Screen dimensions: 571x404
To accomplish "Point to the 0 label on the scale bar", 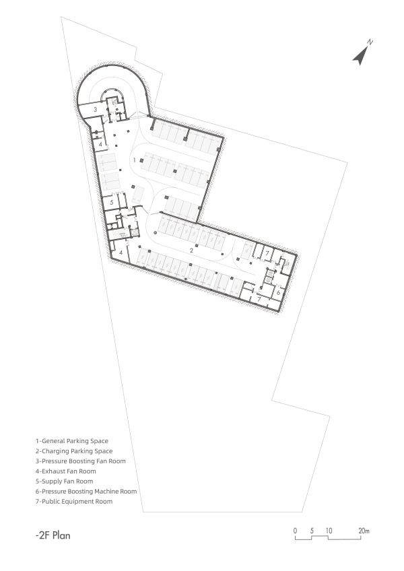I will pyautogui.click(x=295, y=531).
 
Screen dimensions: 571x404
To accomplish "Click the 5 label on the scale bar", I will pyautogui.click(x=312, y=531).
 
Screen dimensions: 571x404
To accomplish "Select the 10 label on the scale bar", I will pyautogui.click(x=329, y=531).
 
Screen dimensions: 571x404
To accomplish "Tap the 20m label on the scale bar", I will pyautogui.click(x=364, y=531).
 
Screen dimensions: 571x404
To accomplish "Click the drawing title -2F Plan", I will pyautogui.click(x=53, y=536).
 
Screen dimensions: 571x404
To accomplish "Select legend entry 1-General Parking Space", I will pyautogui.click(x=72, y=440).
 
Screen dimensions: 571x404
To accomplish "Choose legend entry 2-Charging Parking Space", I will pyautogui.click(x=74, y=450).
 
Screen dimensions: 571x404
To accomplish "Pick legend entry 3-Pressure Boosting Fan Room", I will pyautogui.click(x=81, y=461).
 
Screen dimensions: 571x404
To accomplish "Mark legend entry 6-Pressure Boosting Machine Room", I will pyautogui.click(x=86, y=492).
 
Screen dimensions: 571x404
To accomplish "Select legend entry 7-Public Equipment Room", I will pyautogui.click(x=74, y=502).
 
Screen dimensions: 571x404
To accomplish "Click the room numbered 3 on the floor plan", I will pyautogui.click(x=96, y=108).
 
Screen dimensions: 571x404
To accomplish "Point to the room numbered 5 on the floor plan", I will pyautogui.click(x=112, y=202).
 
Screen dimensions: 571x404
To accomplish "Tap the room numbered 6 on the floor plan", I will pyautogui.click(x=278, y=292).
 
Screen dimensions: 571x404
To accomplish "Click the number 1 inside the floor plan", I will pyautogui.click(x=135, y=160).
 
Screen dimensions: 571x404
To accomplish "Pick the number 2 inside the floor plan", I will pyautogui.click(x=192, y=250).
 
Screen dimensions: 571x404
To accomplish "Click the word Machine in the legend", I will pyautogui.click(x=108, y=492).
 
